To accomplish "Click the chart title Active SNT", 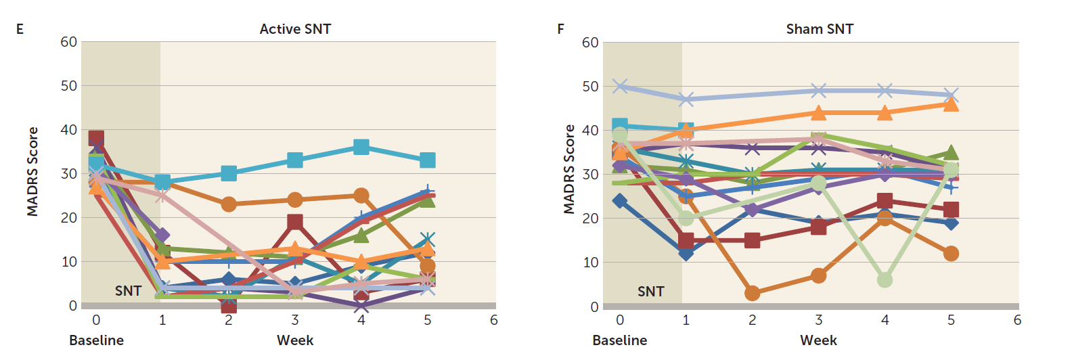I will [295, 29].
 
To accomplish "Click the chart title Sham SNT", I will [820, 29].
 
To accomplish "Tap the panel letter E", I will [20, 29].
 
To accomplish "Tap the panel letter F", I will [560, 29].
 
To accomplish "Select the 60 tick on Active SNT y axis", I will [69, 42].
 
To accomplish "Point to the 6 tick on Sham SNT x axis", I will [1017, 320].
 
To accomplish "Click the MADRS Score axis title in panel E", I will [32, 172].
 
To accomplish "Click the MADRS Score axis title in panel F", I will [569, 169].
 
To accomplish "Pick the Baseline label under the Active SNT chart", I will [96, 340].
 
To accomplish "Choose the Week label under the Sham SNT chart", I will [818, 340].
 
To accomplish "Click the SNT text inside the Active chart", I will [128, 291].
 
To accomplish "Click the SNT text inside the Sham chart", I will [650, 292].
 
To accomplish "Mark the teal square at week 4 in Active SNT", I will [361, 147].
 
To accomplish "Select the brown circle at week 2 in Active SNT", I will [229, 204].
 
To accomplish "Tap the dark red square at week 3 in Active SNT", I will [295, 222].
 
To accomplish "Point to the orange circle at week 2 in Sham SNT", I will [752, 293].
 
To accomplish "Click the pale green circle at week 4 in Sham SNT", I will [885, 279].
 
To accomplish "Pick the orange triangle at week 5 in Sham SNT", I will [951, 104].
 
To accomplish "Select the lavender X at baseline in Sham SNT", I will [620, 86].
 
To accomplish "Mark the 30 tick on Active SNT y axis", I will [69, 174].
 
